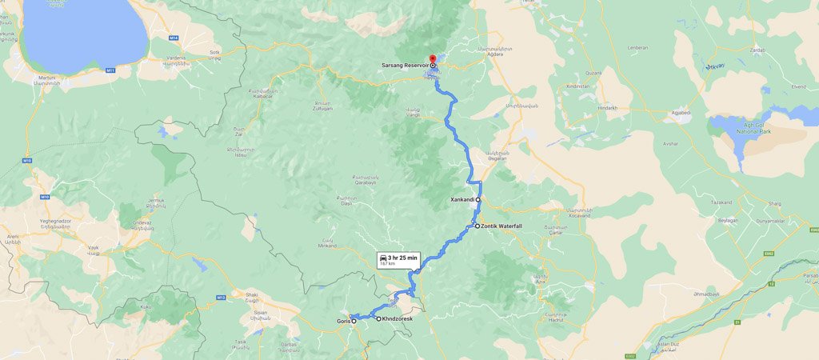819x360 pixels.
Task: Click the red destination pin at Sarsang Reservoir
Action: tap(433, 59)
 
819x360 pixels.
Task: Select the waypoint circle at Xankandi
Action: tap(478, 199)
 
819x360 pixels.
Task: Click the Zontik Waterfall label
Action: tap(501, 226)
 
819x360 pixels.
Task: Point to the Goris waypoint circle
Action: tap(354, 321)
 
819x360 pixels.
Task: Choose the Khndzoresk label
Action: tap(398, 318)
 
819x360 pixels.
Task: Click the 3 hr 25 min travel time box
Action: tap(398, 259)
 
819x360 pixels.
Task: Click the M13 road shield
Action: tap(222, 298)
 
